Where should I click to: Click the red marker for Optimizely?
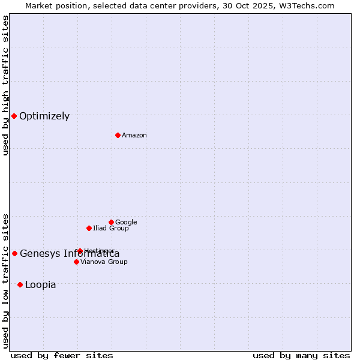[14, 116]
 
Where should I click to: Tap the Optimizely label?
[44, 116]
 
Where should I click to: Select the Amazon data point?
[118, 135]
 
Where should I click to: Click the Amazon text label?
[134, 136]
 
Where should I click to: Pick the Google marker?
[111, 222]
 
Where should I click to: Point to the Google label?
[126, 223]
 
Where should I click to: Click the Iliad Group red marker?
[89, 228]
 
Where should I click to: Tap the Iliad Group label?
[111, 229]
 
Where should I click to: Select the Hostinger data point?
[80, 251]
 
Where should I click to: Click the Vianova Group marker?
[76, 262]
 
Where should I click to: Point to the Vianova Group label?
[104, 262]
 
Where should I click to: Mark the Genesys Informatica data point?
[14, 253]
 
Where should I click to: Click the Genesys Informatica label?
[70, 254]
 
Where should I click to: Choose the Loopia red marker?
[20, 284]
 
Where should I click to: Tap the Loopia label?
[41, 285]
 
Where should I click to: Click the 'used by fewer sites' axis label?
[62, 356]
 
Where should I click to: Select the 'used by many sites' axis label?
[301, 356]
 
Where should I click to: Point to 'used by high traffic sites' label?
[5, 85]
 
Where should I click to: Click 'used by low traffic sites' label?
[5, 281]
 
